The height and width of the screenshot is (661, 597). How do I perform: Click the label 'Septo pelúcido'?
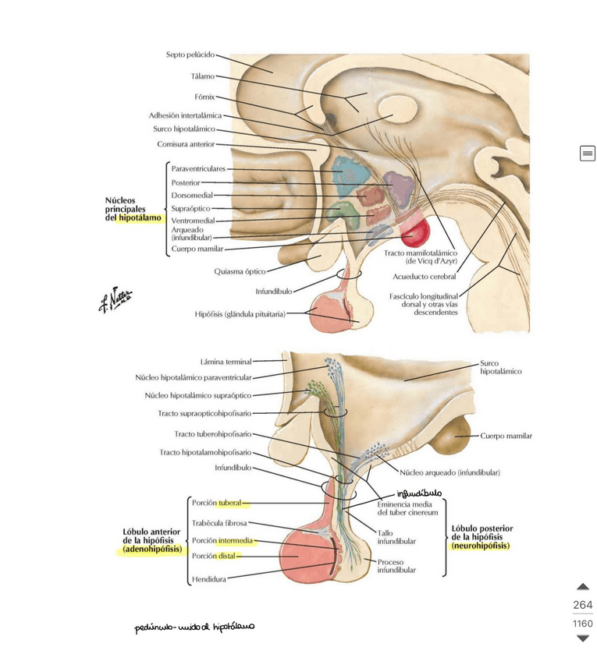coord(190,55)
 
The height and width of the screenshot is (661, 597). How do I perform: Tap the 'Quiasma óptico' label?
coord(240,271)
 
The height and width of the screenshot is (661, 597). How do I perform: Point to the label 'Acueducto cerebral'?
coord(425,276)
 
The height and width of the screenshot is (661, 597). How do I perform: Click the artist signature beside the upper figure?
coord(115,299)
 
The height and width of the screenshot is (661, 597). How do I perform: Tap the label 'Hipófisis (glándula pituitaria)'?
coord(240,314)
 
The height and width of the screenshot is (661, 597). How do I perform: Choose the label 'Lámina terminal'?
coord(226,362)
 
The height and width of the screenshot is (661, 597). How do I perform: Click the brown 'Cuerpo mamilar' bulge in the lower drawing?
coord(446,440)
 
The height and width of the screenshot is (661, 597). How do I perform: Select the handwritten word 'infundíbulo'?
coord(418,493)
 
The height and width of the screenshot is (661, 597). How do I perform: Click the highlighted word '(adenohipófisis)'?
coord(153,549)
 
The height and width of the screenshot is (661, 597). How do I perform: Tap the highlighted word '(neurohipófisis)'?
coord(480,546)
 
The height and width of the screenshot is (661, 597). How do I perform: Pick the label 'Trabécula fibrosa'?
coord(219,524)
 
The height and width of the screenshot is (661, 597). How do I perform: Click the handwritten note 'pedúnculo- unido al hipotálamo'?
coord(194,627)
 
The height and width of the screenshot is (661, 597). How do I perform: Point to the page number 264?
coord(582,605)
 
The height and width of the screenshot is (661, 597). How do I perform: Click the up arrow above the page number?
coord(582,587)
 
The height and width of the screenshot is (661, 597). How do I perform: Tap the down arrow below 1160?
coord(582,638)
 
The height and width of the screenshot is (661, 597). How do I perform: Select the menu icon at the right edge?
coord(587,154)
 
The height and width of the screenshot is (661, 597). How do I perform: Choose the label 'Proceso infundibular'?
coord(396,565)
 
